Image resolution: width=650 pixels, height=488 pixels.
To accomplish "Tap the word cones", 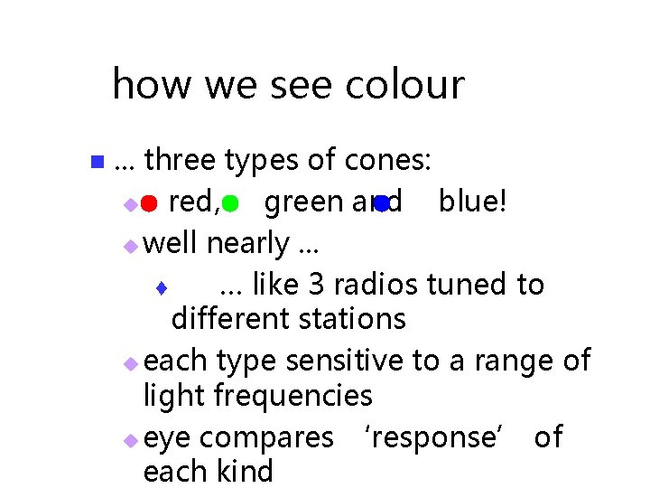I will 388,161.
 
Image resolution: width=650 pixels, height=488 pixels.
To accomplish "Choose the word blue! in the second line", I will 473,202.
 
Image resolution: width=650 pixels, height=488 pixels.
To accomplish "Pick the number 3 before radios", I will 316,285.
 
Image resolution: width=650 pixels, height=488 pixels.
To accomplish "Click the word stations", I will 354,319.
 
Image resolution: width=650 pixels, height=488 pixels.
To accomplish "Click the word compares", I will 266,438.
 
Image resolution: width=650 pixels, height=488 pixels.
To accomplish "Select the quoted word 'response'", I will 443,437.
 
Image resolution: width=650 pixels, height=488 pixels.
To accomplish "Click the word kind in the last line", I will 246,472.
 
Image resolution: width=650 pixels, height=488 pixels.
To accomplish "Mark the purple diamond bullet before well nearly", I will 132,246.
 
